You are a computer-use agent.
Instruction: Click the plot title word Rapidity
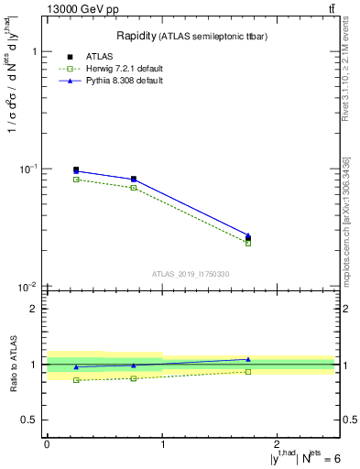coord(138,36)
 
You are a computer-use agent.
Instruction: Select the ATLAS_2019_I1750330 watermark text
coord(191,274)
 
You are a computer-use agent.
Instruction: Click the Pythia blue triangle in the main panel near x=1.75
coord(248,235)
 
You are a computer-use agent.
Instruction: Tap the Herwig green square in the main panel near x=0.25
coord(76,180)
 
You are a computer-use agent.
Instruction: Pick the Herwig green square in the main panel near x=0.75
coord(134,188)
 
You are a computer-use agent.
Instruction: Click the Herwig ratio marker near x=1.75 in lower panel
coord(248,371)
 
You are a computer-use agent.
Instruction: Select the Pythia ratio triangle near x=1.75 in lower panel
coord(248,359)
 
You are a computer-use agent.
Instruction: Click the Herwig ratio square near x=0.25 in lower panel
coord(76,380)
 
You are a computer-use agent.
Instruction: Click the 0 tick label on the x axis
coord(47,444)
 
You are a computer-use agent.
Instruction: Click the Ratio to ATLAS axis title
coord(13,364)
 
